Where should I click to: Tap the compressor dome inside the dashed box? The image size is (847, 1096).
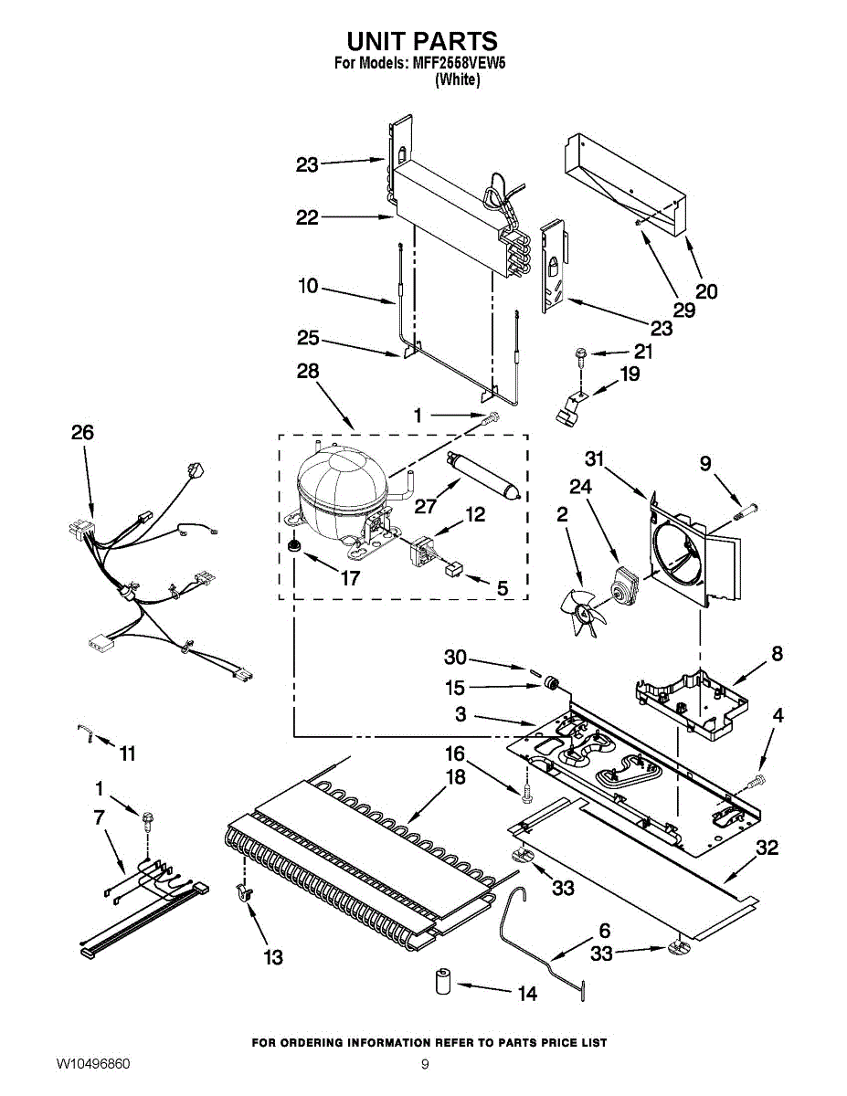(339, 480)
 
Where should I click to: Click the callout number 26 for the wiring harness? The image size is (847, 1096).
(82, 432)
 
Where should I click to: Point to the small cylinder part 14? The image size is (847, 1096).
(443, 984)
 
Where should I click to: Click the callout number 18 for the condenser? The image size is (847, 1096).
(455, 777)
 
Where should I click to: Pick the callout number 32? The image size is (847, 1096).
(768, 848)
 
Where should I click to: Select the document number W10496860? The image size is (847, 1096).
(93, 1064)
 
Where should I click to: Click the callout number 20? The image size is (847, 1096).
(706, 291)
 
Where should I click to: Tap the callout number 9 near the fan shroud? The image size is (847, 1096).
(705, 464)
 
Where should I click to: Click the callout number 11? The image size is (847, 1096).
(127, 753)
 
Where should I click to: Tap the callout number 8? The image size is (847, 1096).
(777, 654)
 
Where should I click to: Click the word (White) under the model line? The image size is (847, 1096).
(457, 79)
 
